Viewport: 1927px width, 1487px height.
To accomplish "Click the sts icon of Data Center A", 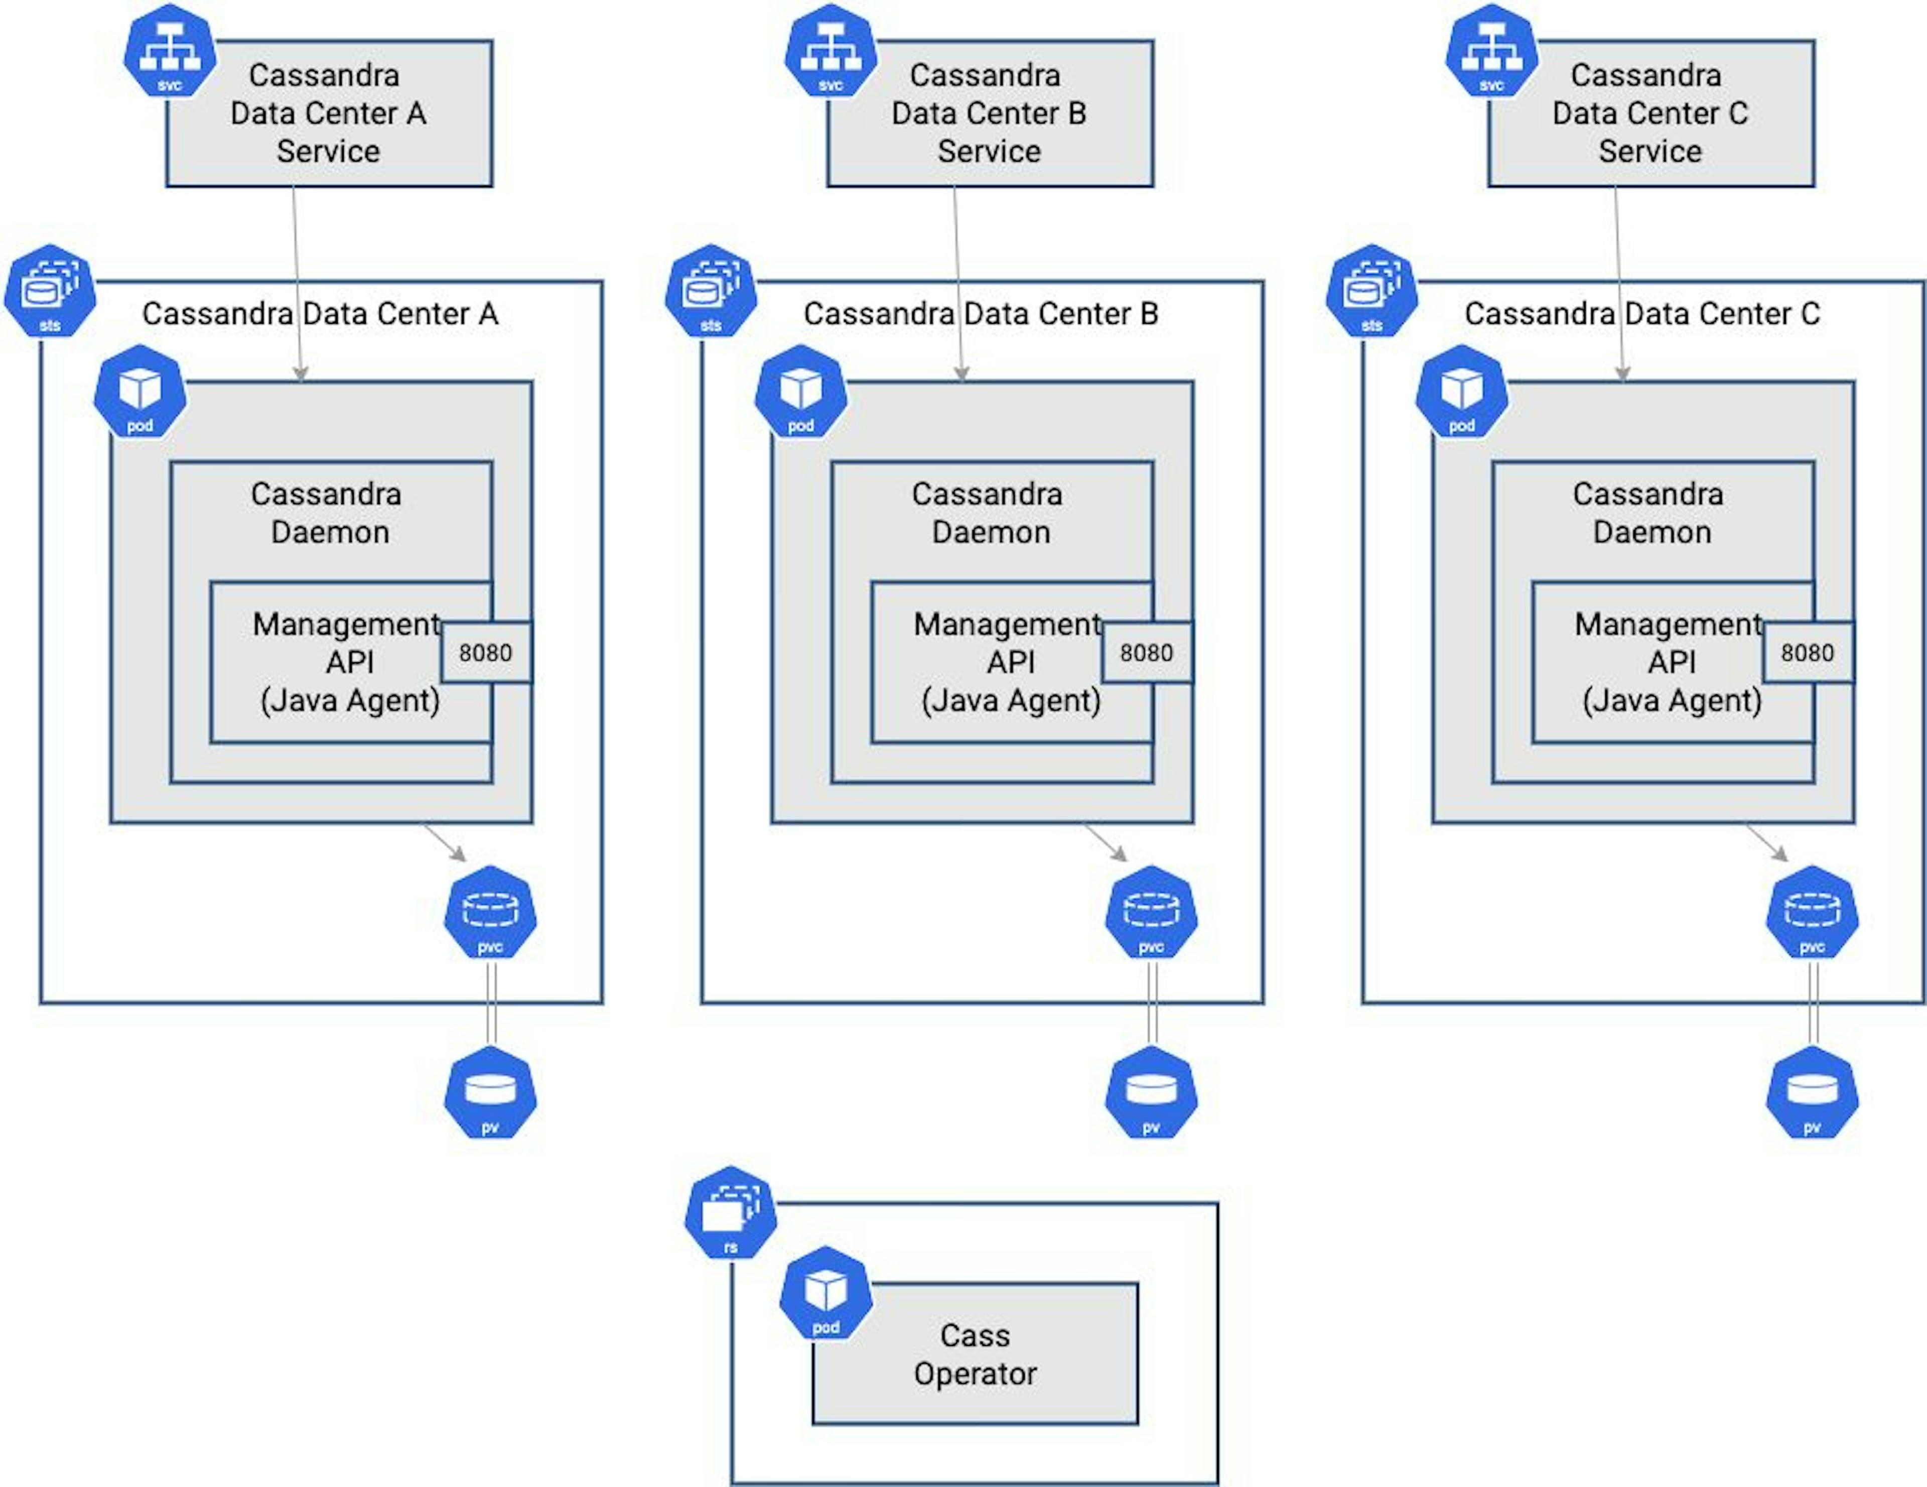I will (x=50, y=291).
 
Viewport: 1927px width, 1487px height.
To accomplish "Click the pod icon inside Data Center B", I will (x=800, y=392).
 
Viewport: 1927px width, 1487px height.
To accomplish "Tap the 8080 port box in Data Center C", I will (x=1807, y=653).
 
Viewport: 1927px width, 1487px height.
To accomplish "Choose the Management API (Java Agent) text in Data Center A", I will (x=349, y=662).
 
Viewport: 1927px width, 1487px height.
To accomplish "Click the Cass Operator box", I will (x=975, y=1354).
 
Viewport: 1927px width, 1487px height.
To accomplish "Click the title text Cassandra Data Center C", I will (x=1642, y=313).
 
